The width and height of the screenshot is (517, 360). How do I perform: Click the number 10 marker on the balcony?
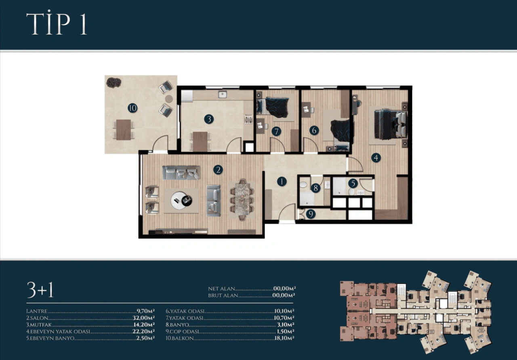(x=132, y=108)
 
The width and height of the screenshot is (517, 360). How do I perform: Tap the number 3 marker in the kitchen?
(x=209, y=119)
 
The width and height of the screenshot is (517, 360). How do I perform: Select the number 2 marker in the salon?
(x=218, y=170)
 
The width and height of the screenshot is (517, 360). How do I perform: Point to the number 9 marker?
(x=311, y=214)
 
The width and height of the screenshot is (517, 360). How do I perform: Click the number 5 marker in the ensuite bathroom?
(x=353, y=183)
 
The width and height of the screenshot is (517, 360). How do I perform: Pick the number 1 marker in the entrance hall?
(x=282, y=182)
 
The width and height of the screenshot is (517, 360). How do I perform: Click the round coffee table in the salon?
(x=181, y=201)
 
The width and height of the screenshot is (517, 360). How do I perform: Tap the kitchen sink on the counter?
(x=223, y=94)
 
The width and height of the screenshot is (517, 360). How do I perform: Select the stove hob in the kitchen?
(x=248, y=119)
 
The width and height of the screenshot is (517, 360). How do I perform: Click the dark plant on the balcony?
(x=114, y=82)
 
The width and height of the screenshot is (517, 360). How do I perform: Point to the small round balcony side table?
(x=169, y=99)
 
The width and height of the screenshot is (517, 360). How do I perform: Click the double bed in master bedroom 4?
(x=390, y=125)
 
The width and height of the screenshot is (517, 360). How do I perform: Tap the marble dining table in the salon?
(x=242, y=199)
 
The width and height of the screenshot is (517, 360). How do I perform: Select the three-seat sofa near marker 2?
(x=181, y=172)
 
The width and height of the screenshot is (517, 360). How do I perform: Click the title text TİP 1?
(x=57, y=23)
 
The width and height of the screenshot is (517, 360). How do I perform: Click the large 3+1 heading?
(x=40, y=290)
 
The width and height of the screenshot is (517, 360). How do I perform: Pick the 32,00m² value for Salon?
(x=143, y=318)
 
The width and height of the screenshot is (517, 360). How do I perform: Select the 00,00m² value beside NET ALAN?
(x=284, y=288)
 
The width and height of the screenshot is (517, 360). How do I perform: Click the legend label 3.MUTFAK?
(x=39, y=325)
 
